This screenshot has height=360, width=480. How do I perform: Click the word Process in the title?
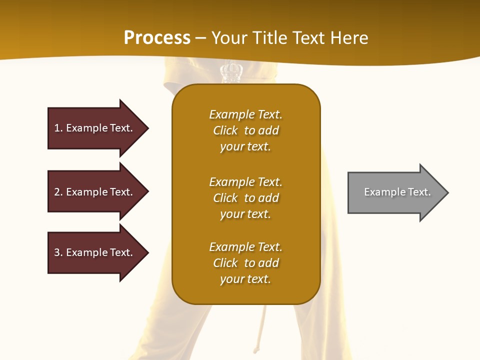click(157, 38)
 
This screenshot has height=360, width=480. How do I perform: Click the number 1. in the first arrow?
click(58, 128)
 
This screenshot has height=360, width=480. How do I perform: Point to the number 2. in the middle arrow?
click(58, 192)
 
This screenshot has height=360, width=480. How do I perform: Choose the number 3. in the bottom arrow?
click(58, 252)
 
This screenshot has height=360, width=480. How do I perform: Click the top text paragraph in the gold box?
click(245, 130)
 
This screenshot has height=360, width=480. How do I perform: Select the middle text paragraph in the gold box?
click(245, 198)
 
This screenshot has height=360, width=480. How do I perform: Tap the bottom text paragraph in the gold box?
click(245, 263)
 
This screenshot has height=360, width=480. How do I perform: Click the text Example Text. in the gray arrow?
click(397, 192)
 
